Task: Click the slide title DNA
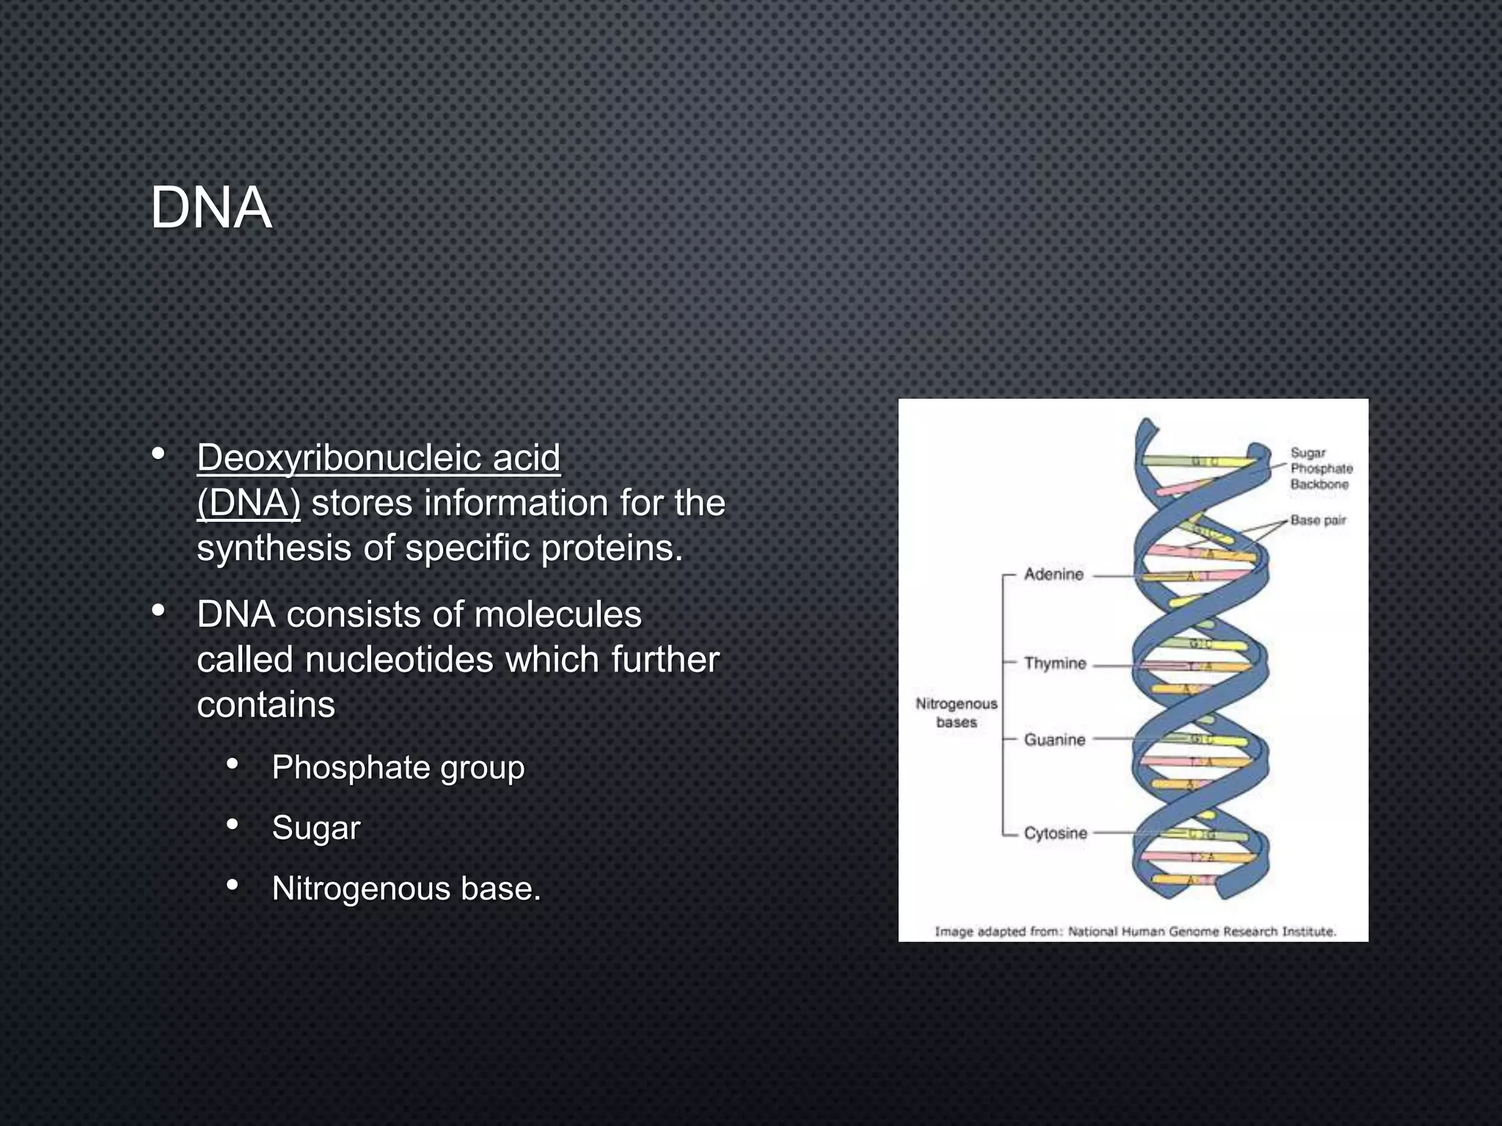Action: click(x=211, y=208)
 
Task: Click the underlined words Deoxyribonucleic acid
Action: click(x=378, y=458)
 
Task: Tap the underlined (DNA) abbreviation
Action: click(x=249, y=504)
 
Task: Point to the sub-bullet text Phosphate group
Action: click(x=398, y=768)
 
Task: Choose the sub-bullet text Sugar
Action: click(x=316, y=828)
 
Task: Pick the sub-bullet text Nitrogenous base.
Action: click(x=406, y=888)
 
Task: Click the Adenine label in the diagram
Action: click(x=1053, y=575)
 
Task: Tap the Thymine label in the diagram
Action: click(x=1055, y=663)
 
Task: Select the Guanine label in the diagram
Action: click(x=1055, y=740)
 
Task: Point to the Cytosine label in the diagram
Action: click(x=1055, y=834)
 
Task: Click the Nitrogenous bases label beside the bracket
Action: click(x=956, y=713)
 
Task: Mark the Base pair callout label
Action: click(x=1318, y=520)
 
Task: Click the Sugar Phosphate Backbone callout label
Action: click(x=1321, y=468)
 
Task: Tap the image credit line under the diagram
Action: click(x=1135, y=932)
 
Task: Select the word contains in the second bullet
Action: click(x=265, y=705)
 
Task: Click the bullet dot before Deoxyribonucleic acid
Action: click(x=158, y=455)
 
